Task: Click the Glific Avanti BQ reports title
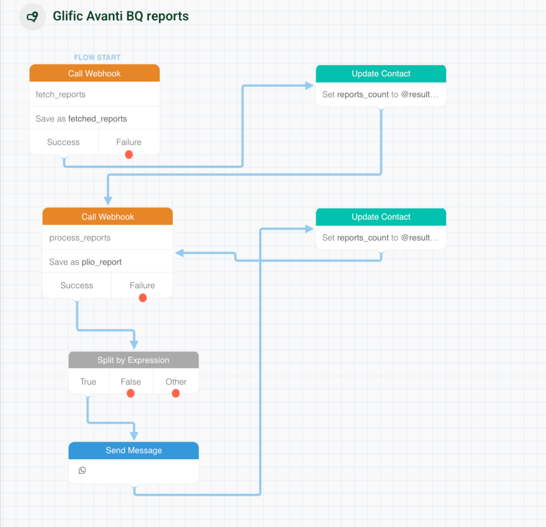[121, 17]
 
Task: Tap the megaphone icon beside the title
[33, 17]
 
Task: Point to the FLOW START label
[97, 57]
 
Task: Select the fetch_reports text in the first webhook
[60, 94]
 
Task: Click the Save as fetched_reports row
[81, 118]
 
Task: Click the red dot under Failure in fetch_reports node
[129, 155]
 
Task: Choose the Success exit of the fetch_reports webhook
[63, 142]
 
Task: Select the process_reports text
[79, 238]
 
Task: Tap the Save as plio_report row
[85, 262]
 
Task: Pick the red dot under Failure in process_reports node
[142, 298]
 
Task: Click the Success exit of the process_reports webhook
[77, 286]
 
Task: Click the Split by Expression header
[133, 360]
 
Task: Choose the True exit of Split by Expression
[88, 382]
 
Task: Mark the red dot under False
[131, 394]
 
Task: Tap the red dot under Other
[176, 394]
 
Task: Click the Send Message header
[133, 450]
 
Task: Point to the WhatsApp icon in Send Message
[82, 470]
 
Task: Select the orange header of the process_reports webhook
[108, 217]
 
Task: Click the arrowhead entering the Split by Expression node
[134, 345]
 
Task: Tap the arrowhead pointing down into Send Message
[134, 435]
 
